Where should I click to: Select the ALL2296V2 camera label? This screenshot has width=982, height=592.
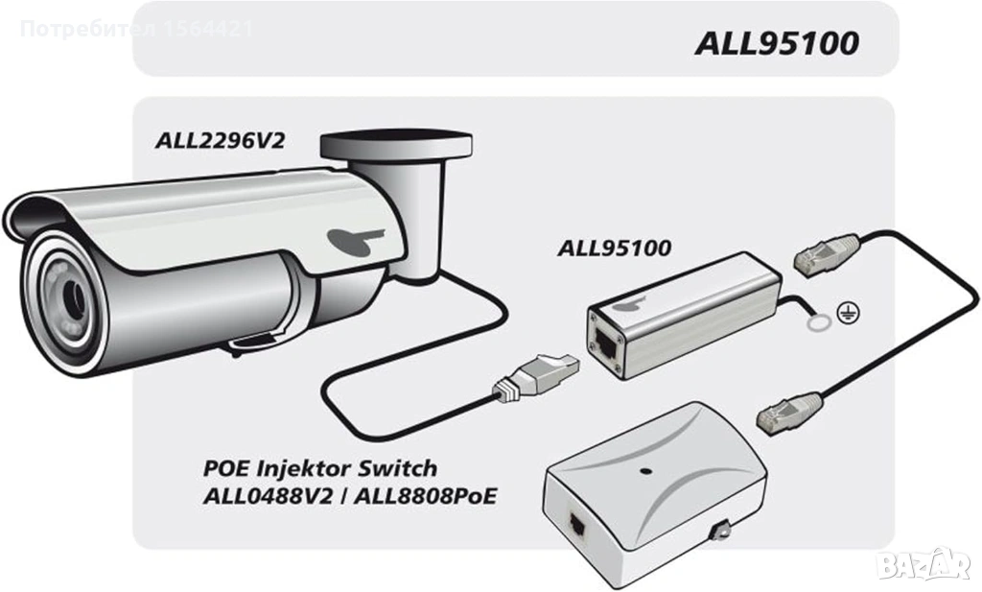(x=220, y=141)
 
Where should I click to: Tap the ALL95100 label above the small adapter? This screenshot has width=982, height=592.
(x=615, y=247)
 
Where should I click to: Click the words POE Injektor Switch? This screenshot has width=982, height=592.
(x=320, y=469)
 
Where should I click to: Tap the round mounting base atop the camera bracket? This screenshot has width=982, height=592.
(x=396, y=145)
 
